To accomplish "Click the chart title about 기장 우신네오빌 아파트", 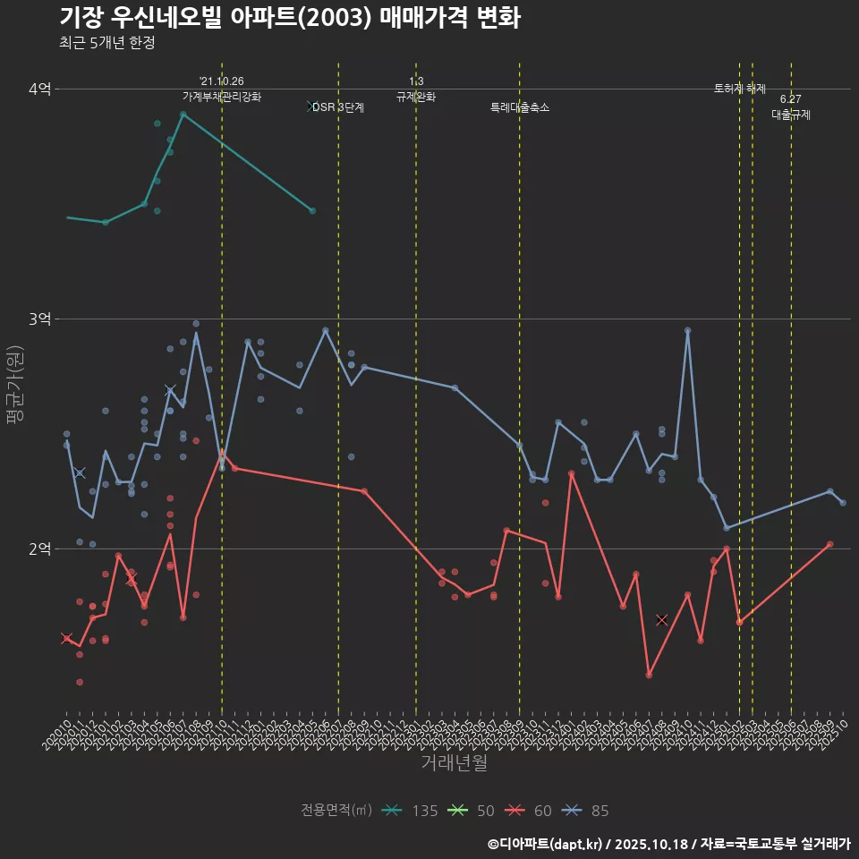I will [289, 17].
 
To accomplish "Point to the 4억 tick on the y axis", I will [40, 89].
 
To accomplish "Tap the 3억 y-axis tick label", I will [40, 319].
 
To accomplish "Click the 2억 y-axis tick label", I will [40, 549].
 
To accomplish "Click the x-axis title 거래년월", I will [455, 763].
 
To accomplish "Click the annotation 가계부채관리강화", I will [222, 96].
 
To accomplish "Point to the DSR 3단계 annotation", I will [338, 107].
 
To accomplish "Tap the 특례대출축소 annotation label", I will [520, 107].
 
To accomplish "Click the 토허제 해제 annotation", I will [740, 89].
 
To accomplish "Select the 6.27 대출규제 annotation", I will [791, 107].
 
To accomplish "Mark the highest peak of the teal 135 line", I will [183, 114].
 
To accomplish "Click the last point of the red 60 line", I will [829, 544].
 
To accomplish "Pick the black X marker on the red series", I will [662, 619].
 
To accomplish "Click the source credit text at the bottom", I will [668, 844].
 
